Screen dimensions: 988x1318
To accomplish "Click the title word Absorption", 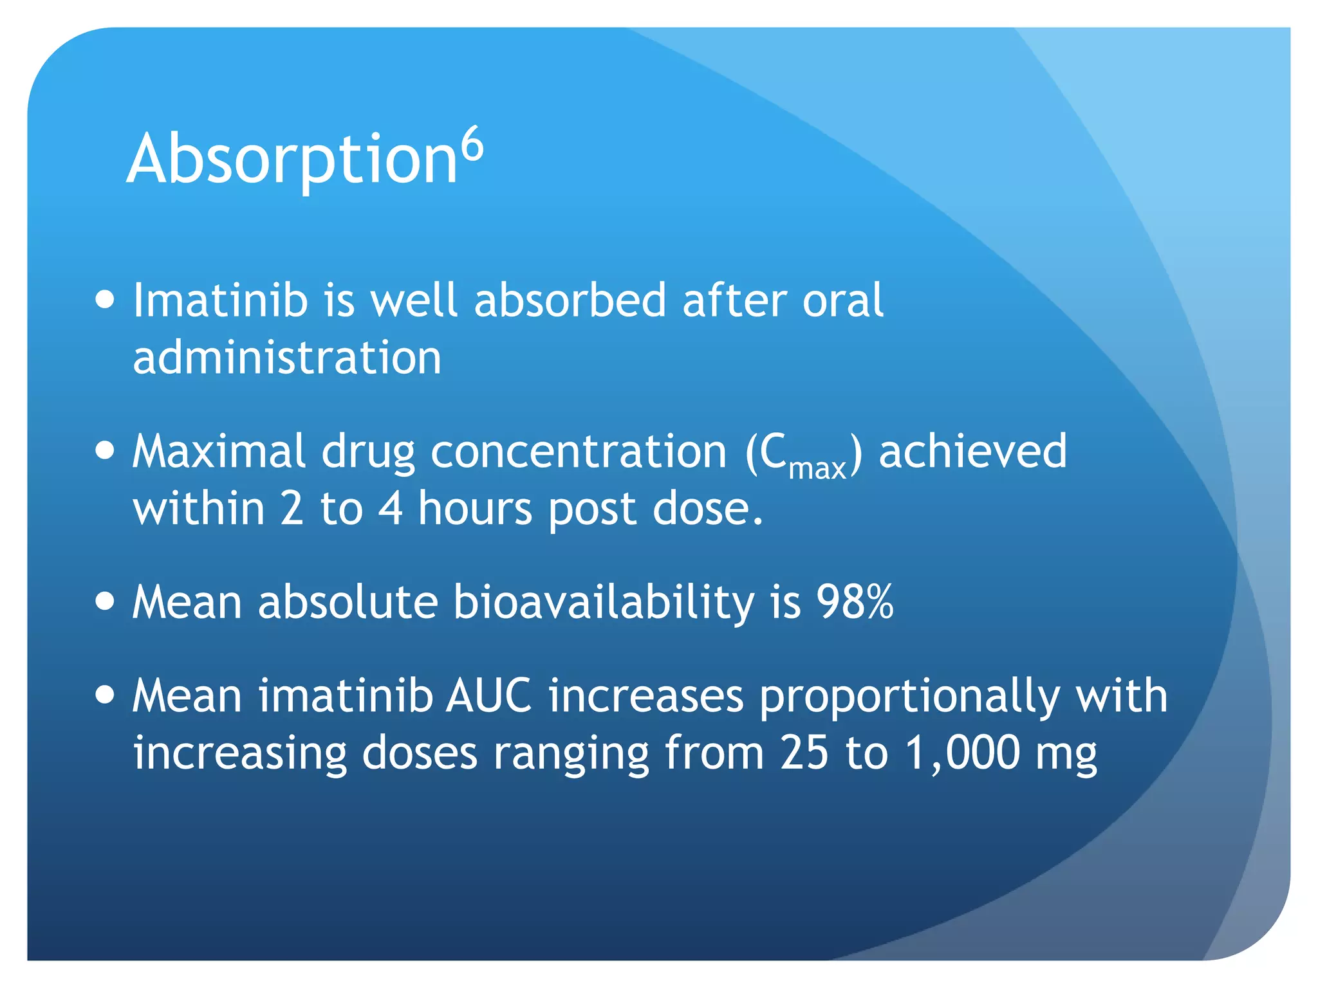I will click(x=292, y=159).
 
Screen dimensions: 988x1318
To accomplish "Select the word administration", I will click(x=287, y=358).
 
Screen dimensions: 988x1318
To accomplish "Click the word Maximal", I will click(x=219, y=451).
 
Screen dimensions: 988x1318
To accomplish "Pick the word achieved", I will click(x=972, y=451).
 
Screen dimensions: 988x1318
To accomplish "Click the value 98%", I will click(x=855, y=602).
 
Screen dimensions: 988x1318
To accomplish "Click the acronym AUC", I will click(x=489, y=696).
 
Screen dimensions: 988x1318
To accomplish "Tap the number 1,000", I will click(x=963, y=753).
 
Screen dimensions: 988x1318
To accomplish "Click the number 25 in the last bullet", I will click(x=804, y=752).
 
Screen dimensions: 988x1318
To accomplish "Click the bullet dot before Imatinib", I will click(x=104, y=300).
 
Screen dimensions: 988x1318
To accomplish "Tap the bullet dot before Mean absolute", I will click(x=104, y=601).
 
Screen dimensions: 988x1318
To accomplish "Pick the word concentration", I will click(x=579, y=451).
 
